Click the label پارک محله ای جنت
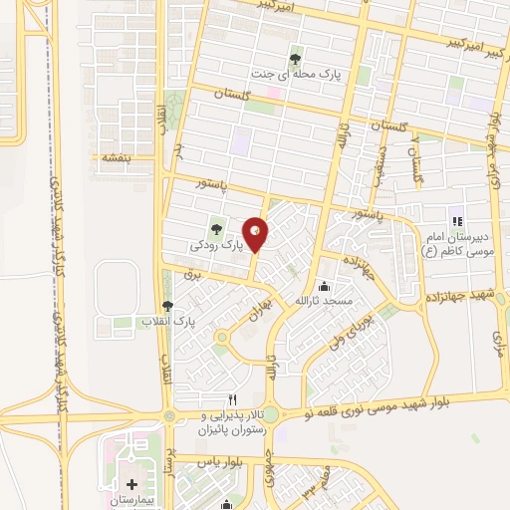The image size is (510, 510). coord(295,76)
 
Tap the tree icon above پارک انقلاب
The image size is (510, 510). coord(167,307)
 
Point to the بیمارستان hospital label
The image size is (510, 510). coord(124,500)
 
